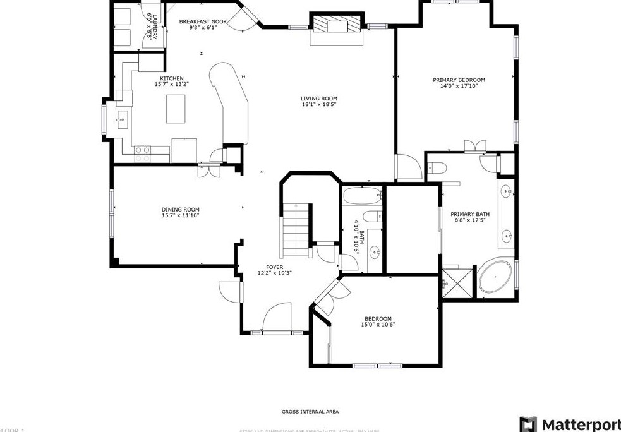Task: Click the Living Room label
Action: (x=318, y=98)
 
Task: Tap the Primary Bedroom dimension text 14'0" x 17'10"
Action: (x=459, y=87)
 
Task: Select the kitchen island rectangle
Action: (x=176, y=109)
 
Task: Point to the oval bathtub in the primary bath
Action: (x=495, y=279)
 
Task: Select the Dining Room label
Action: (x=180, y=210)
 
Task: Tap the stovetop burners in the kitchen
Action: (x=143, y=150)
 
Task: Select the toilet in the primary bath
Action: (x=437, y=167)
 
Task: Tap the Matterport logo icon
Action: (x=528, y=424)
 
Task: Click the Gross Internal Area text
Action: (x=310, y=412)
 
